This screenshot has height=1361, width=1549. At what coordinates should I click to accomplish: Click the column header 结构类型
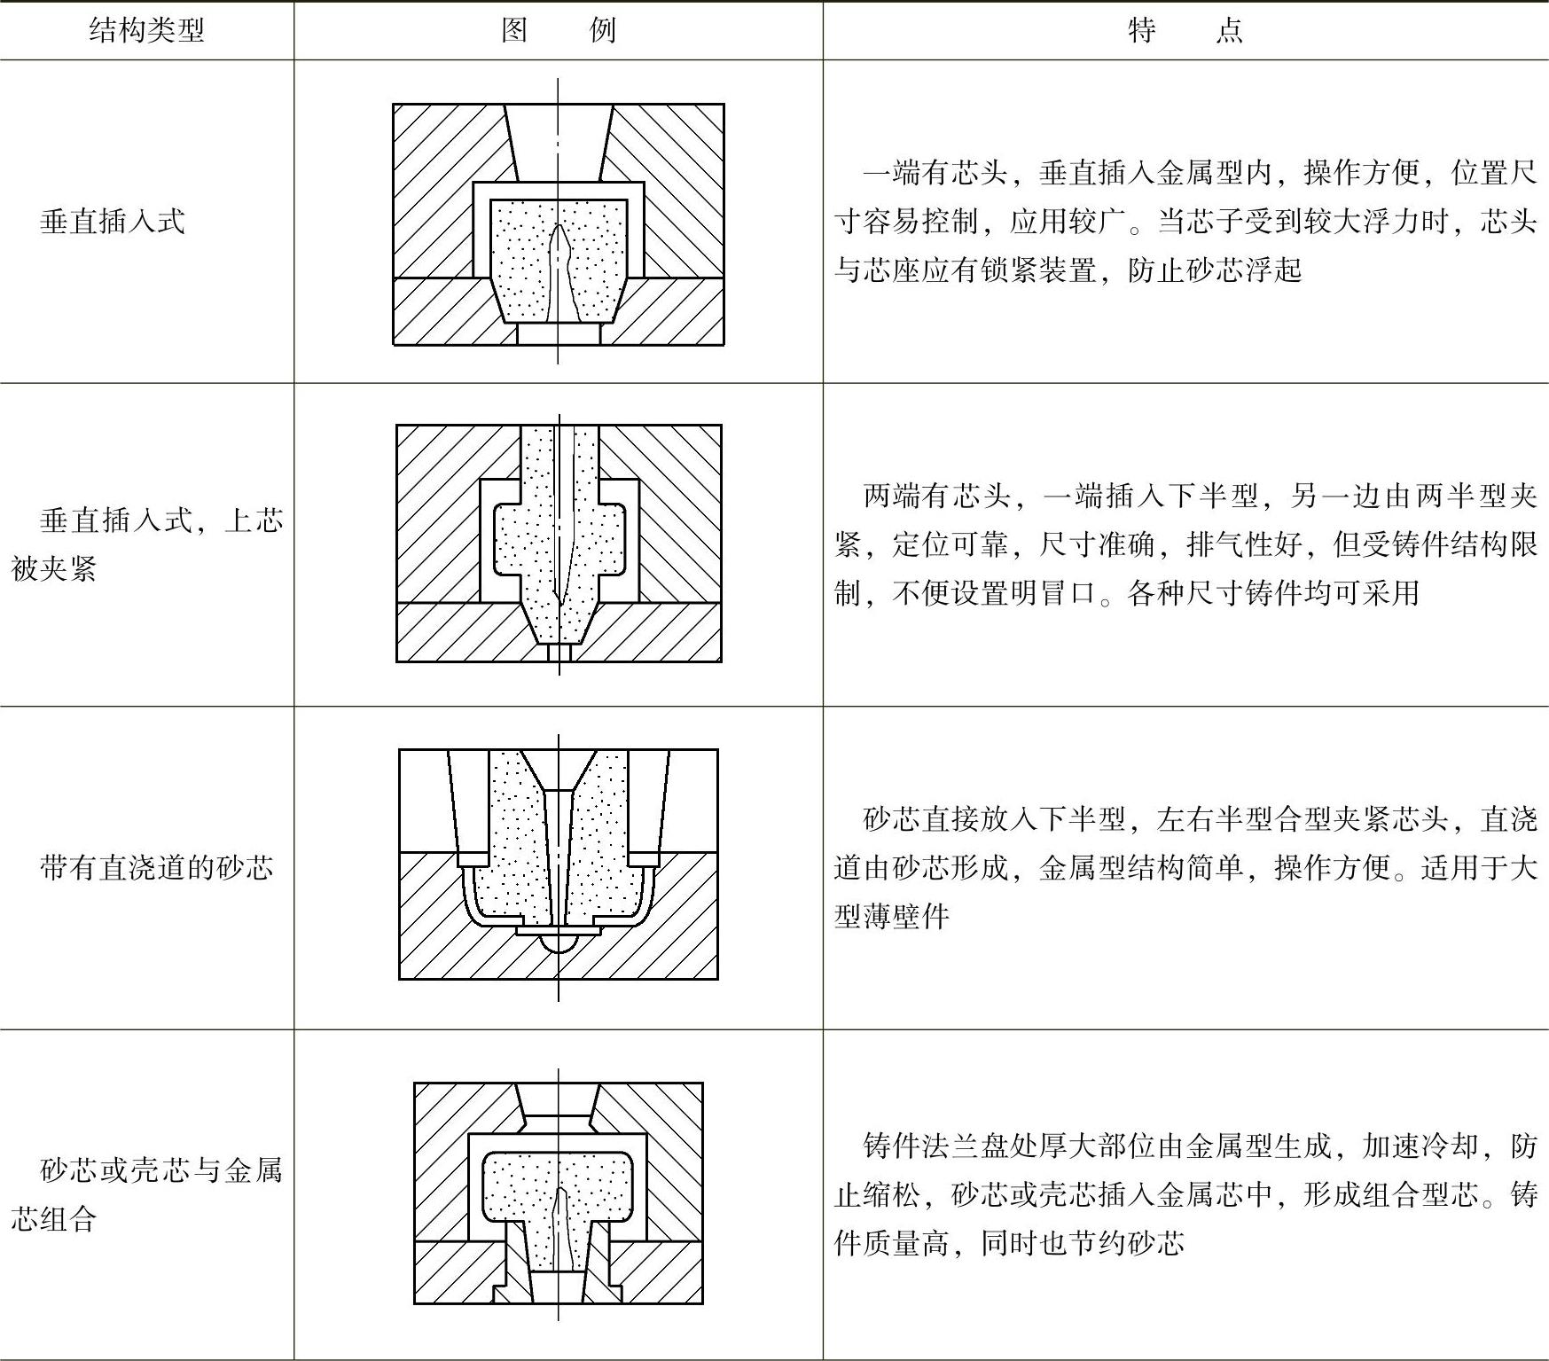146,31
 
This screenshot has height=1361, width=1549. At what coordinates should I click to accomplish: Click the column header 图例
558,31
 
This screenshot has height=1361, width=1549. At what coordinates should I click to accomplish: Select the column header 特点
1185,31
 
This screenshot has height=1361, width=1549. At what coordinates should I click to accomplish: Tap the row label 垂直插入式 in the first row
112,221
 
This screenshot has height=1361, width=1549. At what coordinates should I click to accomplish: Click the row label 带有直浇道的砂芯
156,867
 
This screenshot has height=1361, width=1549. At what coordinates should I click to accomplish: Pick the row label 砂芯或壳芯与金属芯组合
146,1194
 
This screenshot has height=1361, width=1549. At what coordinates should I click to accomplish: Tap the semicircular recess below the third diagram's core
559,943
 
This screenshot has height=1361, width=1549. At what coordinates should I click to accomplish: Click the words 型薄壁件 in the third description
891,916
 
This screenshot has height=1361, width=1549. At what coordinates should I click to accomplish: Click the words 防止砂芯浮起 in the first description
1215,270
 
